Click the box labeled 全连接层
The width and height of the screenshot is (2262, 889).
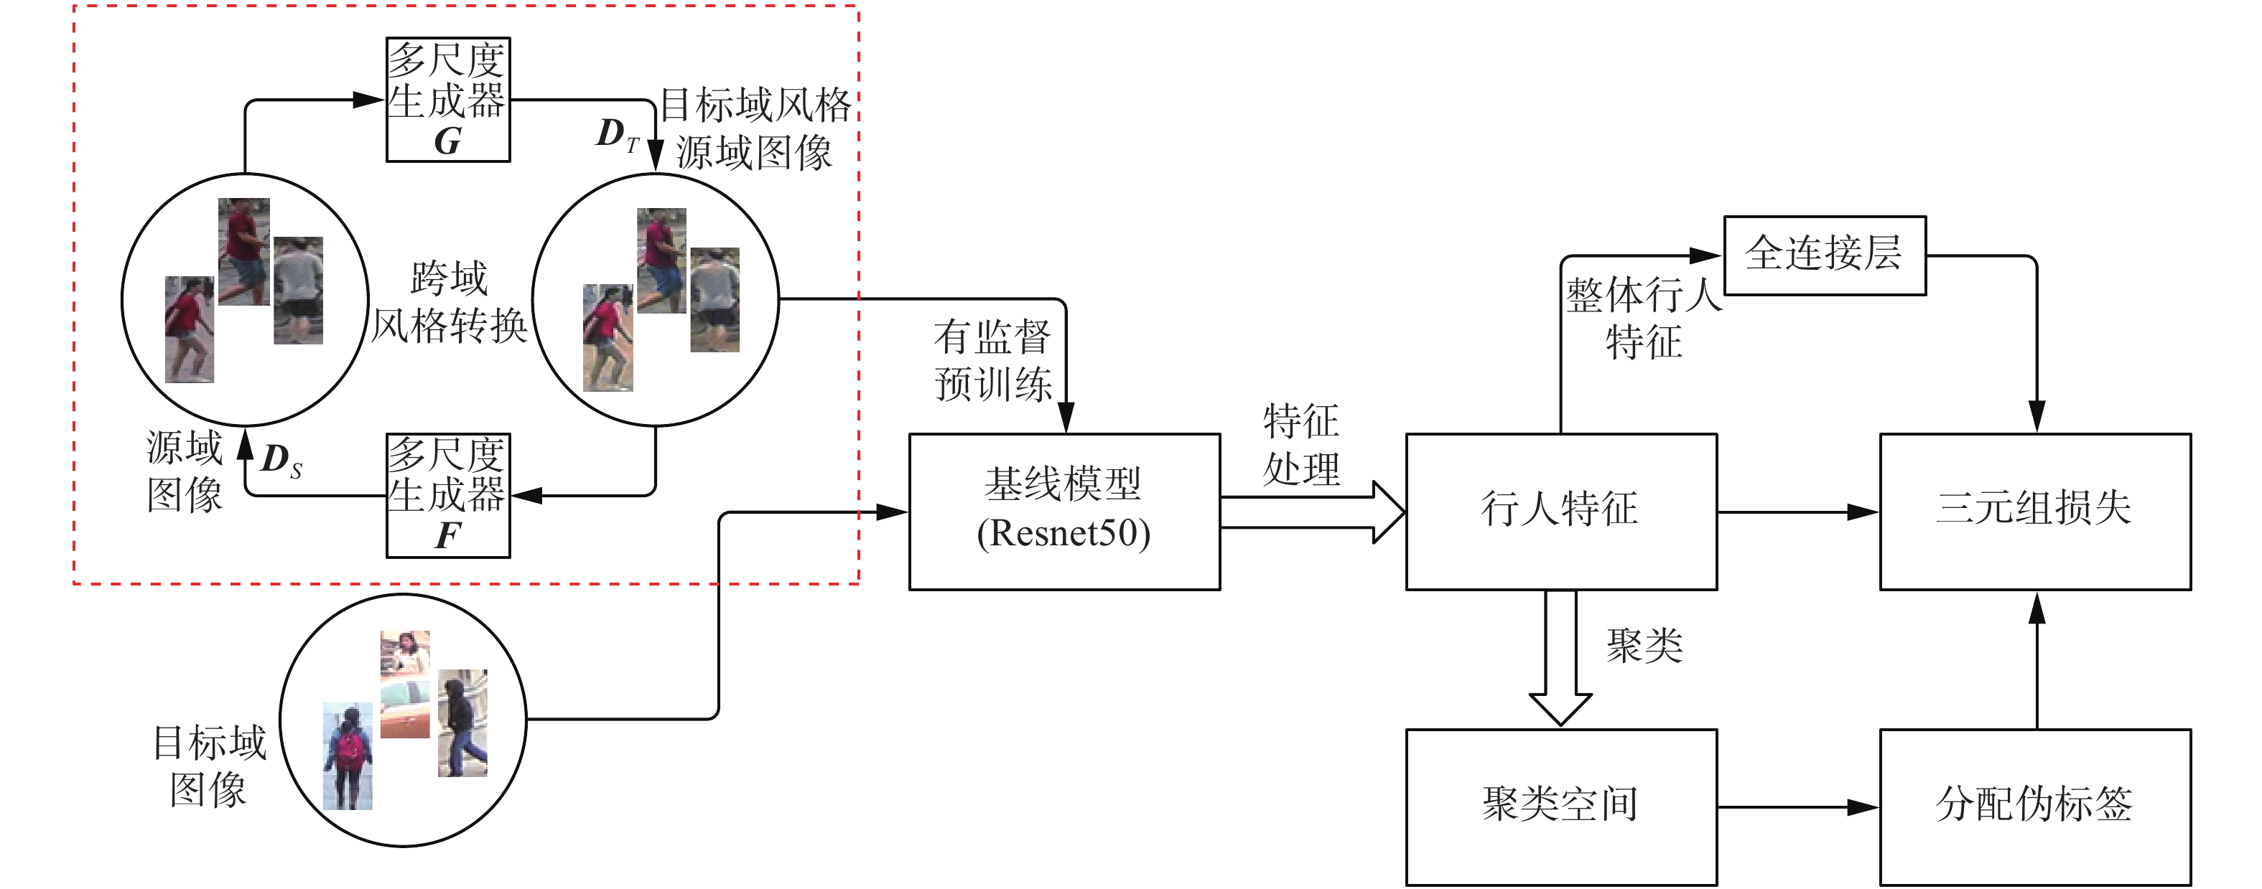pos(1824,255)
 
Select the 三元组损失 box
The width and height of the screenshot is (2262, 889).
pos(2034,511)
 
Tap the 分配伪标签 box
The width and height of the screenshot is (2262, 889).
pos(2034,806)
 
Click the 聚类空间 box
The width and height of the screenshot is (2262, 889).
pos(1560,806)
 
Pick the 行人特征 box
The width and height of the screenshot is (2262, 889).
pos(1560,511)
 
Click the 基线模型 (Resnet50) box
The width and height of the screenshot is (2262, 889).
pos(1063,511)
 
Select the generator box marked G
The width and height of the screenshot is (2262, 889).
pos(448,99)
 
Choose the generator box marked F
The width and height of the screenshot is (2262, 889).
pos(448,495)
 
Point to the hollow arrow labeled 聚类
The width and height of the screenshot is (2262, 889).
pos(1560,658)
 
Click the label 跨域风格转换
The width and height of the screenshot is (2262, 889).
pos(449,303)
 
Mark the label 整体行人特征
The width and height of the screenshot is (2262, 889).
pos(1643,318)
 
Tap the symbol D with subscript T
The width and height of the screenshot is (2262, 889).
pos(616,134)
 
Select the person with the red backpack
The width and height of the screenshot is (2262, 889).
pos(348,756)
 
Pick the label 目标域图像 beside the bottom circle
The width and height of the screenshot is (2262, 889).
pos(208,766)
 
